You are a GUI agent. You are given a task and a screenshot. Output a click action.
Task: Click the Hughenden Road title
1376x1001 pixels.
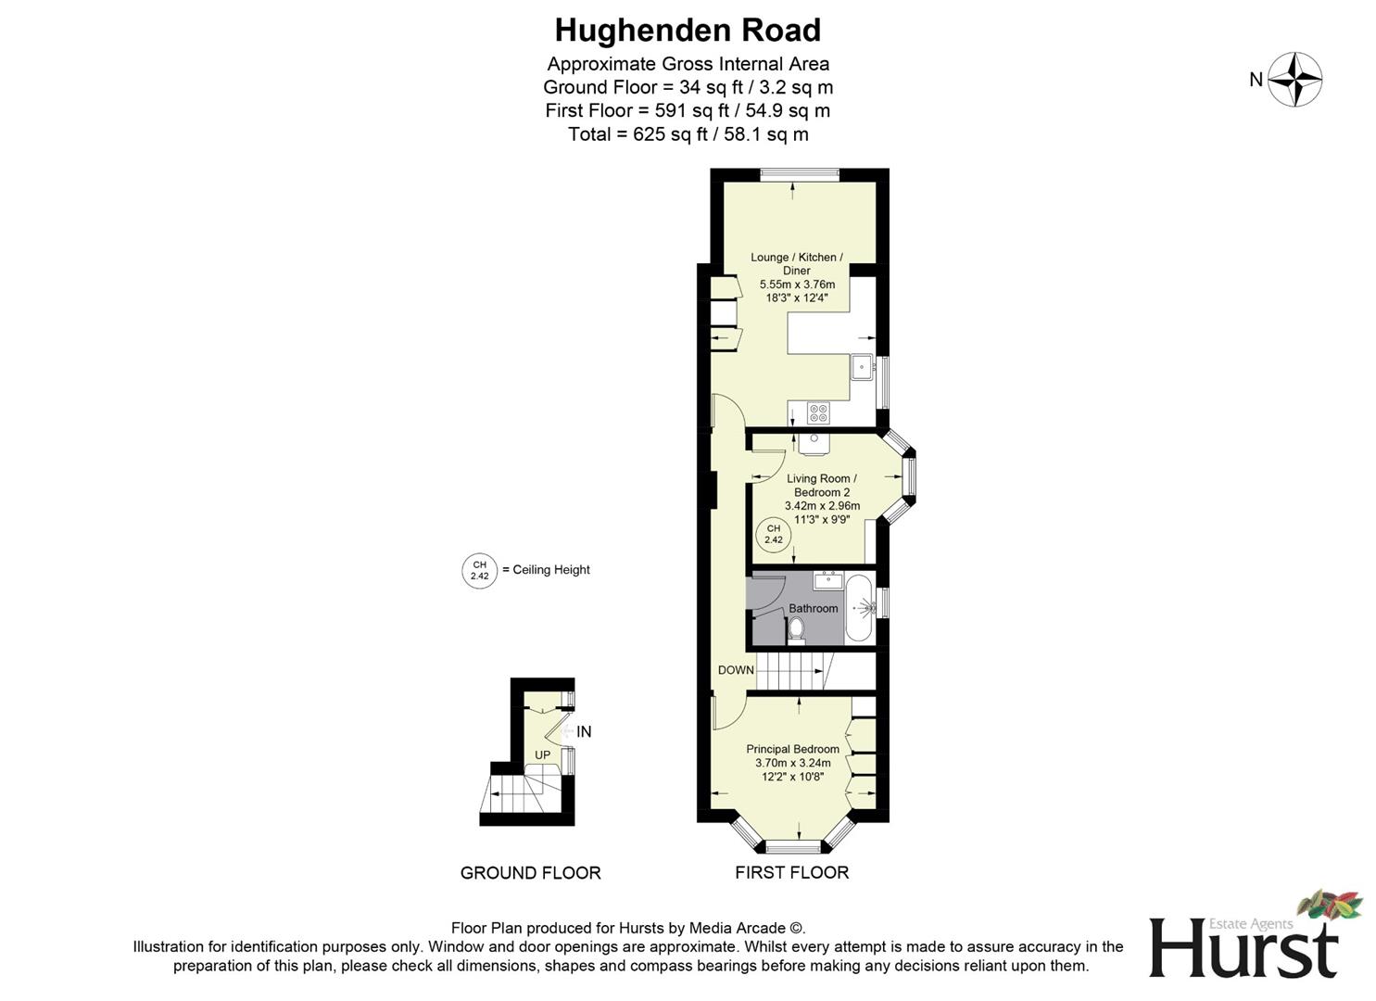[x=688, y=31]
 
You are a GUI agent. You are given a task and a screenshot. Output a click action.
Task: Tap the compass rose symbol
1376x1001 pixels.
[x=1294, y=80]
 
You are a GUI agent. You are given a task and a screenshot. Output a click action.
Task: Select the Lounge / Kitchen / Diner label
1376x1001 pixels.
[x=796, y=264]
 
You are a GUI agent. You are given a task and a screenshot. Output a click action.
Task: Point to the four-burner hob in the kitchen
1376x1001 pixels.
[x=818, y=412]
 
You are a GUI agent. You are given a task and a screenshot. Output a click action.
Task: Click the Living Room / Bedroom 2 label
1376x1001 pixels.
[x=821, y=486]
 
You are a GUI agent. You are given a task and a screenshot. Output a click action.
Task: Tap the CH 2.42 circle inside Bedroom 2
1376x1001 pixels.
[x=774, y=534]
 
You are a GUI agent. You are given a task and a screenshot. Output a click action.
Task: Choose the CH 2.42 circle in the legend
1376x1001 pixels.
[x=479, y=570]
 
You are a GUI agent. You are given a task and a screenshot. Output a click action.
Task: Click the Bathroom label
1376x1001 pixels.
[x=813, y=608]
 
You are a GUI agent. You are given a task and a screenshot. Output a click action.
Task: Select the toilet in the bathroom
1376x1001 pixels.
[x=796, y=630]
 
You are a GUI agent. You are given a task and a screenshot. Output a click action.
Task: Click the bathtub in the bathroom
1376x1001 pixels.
[x=858, y=608]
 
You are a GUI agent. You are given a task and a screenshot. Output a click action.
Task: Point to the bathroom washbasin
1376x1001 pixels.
[x=827, y=581]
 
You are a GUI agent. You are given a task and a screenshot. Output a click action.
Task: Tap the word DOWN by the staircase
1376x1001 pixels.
[x=736, y=670]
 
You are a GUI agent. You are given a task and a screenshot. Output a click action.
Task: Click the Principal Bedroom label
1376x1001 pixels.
[x=792, y=749]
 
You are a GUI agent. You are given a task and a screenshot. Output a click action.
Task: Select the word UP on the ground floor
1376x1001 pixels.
[x=542, y=755]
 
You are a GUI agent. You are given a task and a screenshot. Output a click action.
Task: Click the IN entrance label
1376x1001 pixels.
[x=584, y=732]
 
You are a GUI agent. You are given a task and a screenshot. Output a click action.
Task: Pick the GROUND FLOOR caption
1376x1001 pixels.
[x=530, y=873]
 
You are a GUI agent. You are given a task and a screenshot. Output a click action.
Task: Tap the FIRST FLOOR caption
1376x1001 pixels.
[x=791, y=873]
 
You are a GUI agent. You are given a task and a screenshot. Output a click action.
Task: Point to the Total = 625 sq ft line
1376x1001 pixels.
[x=688, y=134]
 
